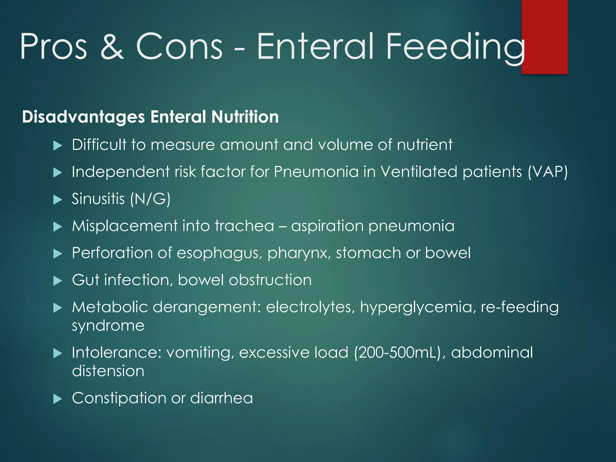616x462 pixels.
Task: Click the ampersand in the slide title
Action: coord(112,46)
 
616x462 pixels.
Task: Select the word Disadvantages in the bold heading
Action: coord(83,117)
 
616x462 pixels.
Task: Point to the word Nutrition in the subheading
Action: coord(245,117)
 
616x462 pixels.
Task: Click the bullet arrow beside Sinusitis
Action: coord(57,199)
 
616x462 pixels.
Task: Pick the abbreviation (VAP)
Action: coord(548,172)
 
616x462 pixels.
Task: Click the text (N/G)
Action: coord(150,199)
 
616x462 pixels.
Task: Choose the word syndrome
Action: coord(108,326)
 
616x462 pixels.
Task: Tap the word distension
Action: coord(108,371)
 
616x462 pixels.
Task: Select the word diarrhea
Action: coord(221,398)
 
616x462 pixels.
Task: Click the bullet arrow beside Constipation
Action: coord(57,399)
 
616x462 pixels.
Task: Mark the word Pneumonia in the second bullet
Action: coord(316,172)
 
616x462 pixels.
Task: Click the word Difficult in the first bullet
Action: coord(99,145)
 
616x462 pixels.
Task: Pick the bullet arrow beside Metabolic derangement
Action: coord(57,308)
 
